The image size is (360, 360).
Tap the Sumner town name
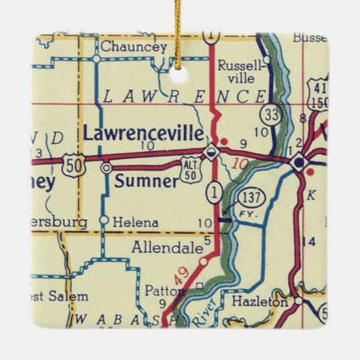(x=146, y=181)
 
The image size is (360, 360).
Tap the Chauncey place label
(x=134, y=47)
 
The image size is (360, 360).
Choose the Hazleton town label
(x=260, y=302)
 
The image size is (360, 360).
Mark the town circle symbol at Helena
(x=103, y=220)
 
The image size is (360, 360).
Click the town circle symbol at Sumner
(x=106, y=167)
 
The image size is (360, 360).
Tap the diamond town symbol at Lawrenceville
(x=211, y=151)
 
